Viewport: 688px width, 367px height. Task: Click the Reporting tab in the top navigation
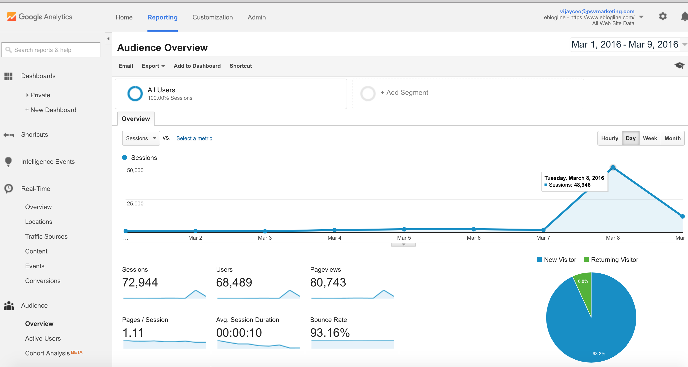coord(162,17)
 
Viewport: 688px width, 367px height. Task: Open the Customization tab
coord(212,17)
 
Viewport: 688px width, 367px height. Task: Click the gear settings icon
coord(663,17)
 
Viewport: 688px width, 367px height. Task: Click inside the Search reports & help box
coord(53,50)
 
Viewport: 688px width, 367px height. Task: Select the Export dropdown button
coord(153,66)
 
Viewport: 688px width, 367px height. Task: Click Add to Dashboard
coord(197,66)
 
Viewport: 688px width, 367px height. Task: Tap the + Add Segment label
coord(404,92)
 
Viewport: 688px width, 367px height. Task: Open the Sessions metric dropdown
coord(141,138)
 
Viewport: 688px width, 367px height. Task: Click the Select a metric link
coord(194,138)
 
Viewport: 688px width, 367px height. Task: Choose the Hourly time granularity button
coord(609,138)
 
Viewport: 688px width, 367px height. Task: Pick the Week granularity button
coord(650,138)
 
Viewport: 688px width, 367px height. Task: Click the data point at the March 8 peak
coord(613,167)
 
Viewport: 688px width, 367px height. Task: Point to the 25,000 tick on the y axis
coord(135,203)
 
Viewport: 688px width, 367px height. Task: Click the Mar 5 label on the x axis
coord(404,238)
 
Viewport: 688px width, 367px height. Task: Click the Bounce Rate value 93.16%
coord(330,333)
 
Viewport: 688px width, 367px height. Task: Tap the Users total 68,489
coord(234,283)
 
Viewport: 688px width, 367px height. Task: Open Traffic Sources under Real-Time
coord(46,236)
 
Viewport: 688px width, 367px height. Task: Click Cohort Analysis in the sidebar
coord(47,353)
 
